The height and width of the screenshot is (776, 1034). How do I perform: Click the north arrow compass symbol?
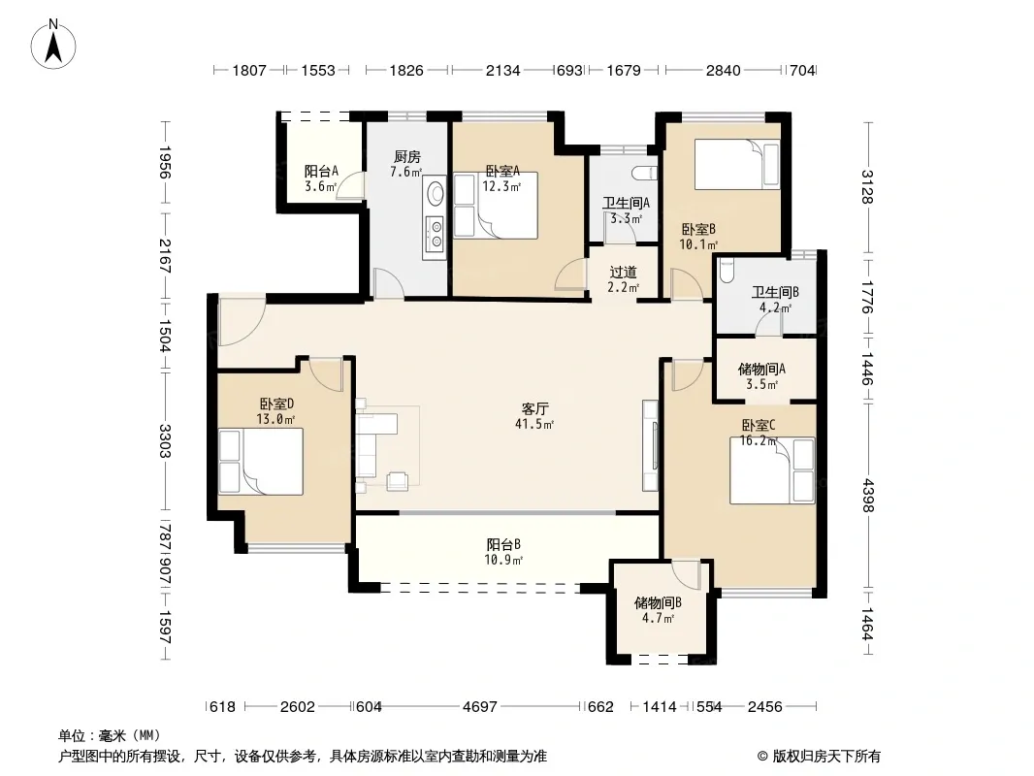coord(53,44)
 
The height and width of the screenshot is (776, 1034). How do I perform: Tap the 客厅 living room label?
coord(534,408)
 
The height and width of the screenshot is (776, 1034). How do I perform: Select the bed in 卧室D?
coord(261,462)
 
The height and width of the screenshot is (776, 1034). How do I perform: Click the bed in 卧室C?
coord(772,470)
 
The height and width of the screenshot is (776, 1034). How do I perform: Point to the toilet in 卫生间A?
coord(644,174)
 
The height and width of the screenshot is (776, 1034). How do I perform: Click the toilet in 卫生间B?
coord(726,271)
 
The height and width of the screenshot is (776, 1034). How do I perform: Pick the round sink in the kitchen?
coord(436,194)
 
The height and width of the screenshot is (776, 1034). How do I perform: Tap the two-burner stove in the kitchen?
coord(436,235)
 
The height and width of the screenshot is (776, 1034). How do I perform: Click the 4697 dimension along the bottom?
coord(479,707)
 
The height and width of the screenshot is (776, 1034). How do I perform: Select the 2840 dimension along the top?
coord(723,70)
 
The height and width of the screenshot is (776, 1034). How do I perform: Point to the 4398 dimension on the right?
coord(868,495)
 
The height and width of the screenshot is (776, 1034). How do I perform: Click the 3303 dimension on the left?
coord(165,441)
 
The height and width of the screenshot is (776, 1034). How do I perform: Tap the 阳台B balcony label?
coord(503,544)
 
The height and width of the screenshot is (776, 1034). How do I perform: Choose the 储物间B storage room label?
coord(658,602)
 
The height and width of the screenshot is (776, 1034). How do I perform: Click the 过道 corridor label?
coord(623,272)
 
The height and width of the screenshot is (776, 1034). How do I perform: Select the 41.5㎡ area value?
coord(534,425)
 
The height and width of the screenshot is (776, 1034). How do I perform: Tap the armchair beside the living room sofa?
coord(397,481)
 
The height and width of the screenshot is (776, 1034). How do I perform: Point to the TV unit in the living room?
coord(650,445)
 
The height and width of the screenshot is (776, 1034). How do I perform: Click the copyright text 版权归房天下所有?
coord(825,757)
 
